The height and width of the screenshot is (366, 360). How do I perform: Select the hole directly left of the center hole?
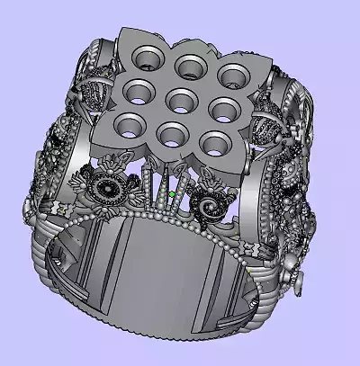tap(136, 91)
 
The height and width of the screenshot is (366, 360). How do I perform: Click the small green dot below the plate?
tap(171, 192)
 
